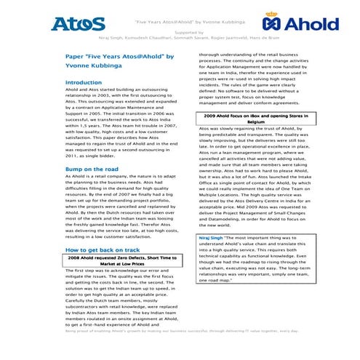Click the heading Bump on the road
92,169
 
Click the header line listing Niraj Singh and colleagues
180,39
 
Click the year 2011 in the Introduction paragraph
73,155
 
